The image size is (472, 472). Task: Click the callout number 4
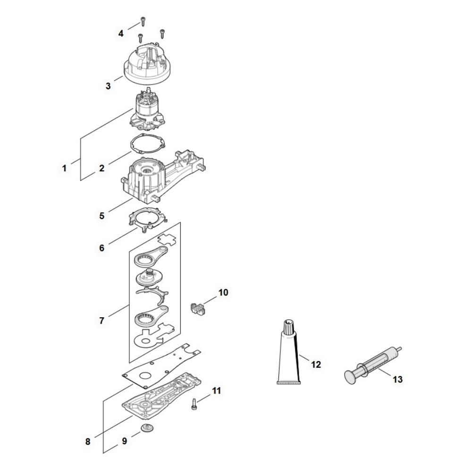pyautogui.click(x=121, y=34)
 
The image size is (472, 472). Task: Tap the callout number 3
pyautogui.click(x=108, y=86)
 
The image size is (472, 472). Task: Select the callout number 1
pyautogui.click(x=65, y=168)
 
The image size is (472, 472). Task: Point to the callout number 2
pyautogui.click(x=102, y=168)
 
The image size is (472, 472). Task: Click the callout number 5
pyautogui.click(x=102, y=216)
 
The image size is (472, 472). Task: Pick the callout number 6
pyautogui.click(x=102, y=247)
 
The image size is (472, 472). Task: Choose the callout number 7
pyautogui.click(x=101, y=320)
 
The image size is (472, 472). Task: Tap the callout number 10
pyautogui.click(x=223, y=293)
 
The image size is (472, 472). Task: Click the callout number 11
pyautogui.click(x=217, y=391)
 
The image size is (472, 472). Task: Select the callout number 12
pyautogui.click(x=316, y=364)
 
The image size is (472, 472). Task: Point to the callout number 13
pyautogui.click(x=397, y=379)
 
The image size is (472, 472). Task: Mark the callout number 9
pyautogui.click(x=125, y=441)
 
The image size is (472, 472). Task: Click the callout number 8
pyautogui.click(x=88, y=442)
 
